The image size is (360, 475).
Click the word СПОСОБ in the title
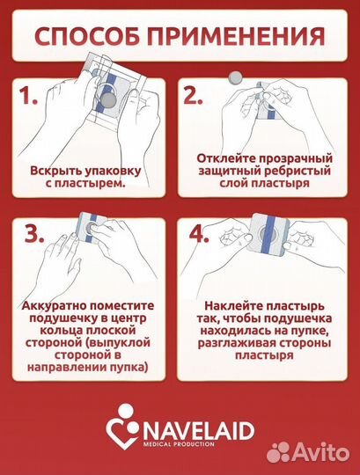(89, 36)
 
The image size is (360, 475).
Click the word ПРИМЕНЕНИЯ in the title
(232, 36)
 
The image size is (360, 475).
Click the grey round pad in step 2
(235, 77)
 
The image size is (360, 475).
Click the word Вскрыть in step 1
(55, 170)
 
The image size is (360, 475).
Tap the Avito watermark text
(320, 452)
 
